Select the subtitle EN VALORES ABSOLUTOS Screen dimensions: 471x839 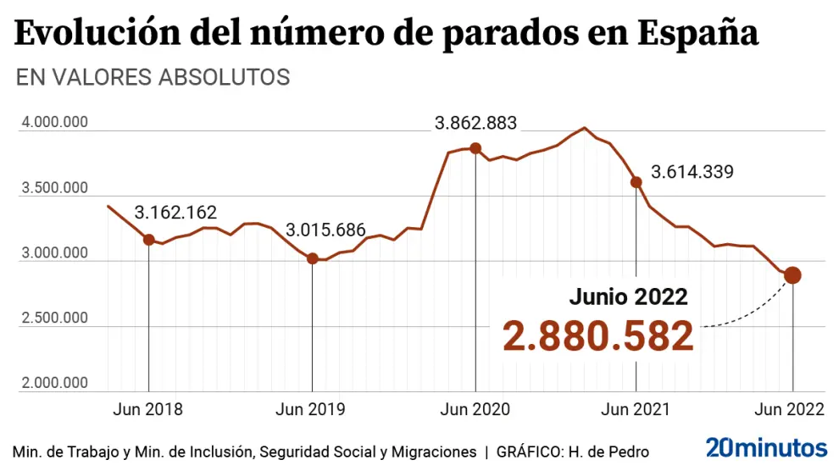(x=153, y=77)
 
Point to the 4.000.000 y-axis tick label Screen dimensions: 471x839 (x=55, y=123)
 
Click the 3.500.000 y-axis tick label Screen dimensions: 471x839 (x=55, y=188)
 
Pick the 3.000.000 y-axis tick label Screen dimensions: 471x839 (x=55, y=253)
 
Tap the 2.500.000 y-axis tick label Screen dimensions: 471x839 (x=55, y=319)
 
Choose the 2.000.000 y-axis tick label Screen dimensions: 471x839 (x=55, y=384)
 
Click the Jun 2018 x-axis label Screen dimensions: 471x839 (x=147, y=410)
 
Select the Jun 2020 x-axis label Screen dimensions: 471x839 (x=475, y=410)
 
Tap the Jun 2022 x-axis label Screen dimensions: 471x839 (x=789, y=410)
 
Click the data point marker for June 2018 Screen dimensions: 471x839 (x=149, y=240)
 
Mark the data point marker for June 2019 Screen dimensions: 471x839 (x=312, y=258)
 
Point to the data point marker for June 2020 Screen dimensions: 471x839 (x=475, y=148)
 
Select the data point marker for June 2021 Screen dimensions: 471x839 (x=636, y=181)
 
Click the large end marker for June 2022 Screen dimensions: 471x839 (x=792, y=275)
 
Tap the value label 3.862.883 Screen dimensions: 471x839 (x=475, y=123)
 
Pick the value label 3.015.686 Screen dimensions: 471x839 (x=325, y=230)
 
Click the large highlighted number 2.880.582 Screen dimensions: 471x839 (x=597, y=336)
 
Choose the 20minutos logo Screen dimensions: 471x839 (x=766, y=447)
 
